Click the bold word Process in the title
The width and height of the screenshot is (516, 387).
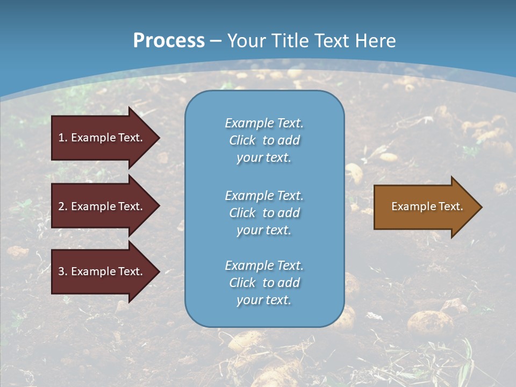[169, 41]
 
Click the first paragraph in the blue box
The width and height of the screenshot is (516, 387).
[264, 140]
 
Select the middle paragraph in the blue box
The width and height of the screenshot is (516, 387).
[264, 213]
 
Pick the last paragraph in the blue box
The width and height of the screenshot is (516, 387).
[264, 283]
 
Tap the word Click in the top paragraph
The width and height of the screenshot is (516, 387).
[242, 140]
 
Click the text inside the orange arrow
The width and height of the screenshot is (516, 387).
[427, 206]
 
